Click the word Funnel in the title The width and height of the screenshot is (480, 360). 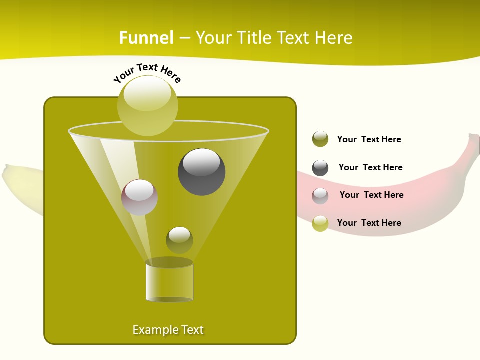pyautogui.click(x=146, y=38)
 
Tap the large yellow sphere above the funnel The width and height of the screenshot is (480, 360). pyautogui.click(x=147, y=105)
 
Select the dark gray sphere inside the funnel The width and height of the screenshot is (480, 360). pyautogui.click(x=201, y=171)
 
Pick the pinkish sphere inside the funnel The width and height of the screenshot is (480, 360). pyautogui.click(x=139, y=197)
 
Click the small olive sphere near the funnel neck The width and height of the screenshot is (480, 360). pyautogui.click(x=179, y=240)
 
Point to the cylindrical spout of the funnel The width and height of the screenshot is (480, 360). pyautogui.click(x=169, y=281)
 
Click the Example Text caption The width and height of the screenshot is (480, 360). pyautogui.click(x=168, y=330)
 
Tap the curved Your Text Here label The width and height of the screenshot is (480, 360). pyautogui.click(x=147, y=72)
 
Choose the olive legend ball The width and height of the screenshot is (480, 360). pyautogui.click(x=320, y=139)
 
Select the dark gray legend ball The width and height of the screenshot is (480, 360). pyautogui.click(x=320, y=168)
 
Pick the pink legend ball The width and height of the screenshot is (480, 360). pyautogui.click(x=320, y=195)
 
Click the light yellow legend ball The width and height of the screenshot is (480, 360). pyautogui.click(x=320, y=223)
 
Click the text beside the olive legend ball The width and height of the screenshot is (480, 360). pyautogui.click(x=369, y=139)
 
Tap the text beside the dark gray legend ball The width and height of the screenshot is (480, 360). pyautogui.click(x=370, y=167)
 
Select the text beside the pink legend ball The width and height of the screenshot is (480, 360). pyautogui.click(x=371, y=195)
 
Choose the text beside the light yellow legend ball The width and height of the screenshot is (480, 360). pyautogui.click(x=369, y=223)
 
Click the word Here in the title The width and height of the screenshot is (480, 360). pyautogui.click(x=334, y=38)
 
